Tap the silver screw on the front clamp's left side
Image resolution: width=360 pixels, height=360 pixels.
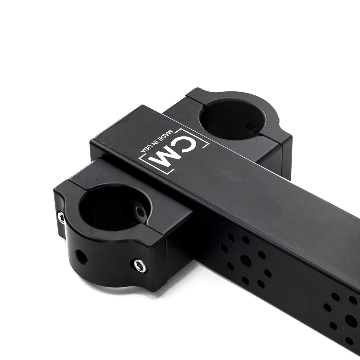pos(62,218)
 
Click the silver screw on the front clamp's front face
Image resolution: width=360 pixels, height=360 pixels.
pos(140,266)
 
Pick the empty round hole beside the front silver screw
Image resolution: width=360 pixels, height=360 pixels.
pos(82,257)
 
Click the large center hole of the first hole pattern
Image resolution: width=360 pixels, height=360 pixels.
pos(246,260)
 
